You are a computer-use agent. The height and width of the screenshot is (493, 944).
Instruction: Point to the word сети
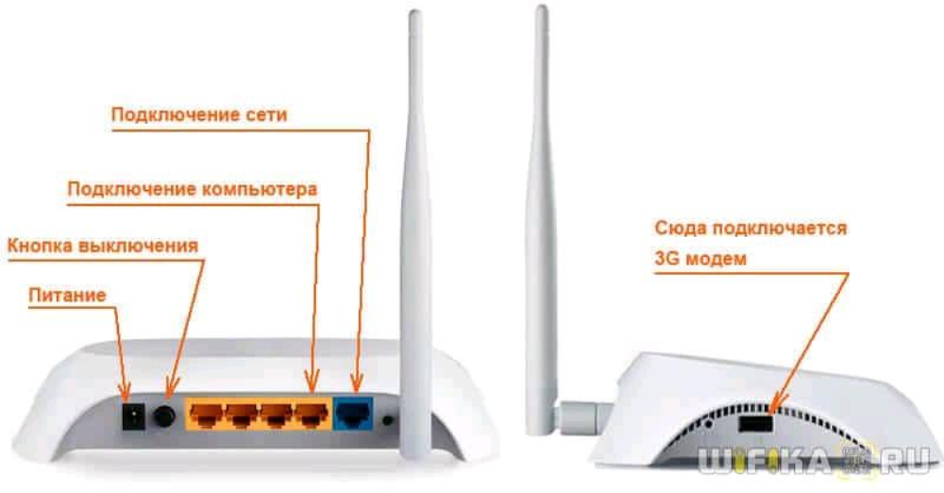(x=265, y=115)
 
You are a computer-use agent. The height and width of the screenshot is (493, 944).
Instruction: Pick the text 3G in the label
(x=668, y=258)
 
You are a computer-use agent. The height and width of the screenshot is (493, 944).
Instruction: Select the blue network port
(x=356, y=414)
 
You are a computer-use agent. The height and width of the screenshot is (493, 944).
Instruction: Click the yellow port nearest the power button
(x=206, y=414)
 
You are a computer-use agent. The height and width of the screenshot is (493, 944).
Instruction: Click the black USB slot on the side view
(x=753, y=421)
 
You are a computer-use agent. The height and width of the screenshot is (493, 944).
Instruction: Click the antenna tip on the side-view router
(x=541, y=11)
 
